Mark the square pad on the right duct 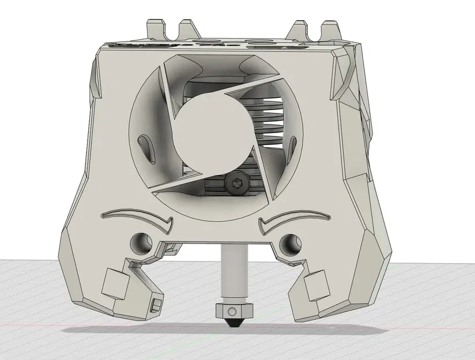pyautogui.click(x=316, y=286)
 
